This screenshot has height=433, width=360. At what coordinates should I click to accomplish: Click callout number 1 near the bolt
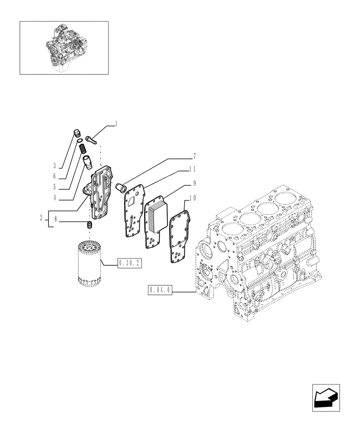pyautogui.click(x=116, y=124)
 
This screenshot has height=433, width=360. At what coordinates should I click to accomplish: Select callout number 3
pyautogui.click(x=55, y=165)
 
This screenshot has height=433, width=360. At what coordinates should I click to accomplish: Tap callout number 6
pyautogui.click(x=55, y=177)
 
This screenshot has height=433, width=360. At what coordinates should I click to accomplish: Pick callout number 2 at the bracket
pyautogui.click(x=42, y=219)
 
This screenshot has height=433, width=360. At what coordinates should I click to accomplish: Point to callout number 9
pyautogui.click(x=195, y=183)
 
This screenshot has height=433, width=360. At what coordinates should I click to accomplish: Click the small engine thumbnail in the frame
pyautogui.click(x=64, y=48)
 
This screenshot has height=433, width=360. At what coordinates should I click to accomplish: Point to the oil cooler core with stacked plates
pyautogui.click(x=156, y=213)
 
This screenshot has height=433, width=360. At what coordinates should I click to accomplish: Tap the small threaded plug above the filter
pyautogui.click(x=89, y=225)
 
